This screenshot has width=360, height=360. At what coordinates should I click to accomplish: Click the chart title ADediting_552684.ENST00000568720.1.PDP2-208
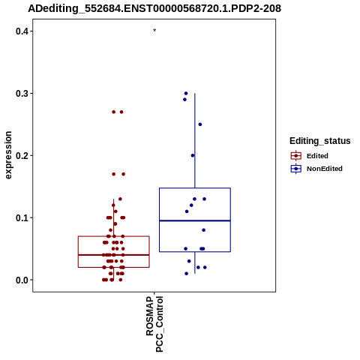[154, 9]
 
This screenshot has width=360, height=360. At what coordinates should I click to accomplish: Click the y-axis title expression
[8, 155]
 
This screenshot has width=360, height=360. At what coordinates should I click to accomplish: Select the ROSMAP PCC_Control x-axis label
[154, 324]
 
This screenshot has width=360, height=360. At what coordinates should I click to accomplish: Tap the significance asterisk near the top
[154, 31]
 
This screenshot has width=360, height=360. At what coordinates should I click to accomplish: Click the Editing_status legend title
[320, 141]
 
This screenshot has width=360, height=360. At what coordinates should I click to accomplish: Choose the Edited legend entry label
[317, 156]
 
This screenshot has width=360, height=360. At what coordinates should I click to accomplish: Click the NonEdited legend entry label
[325, 169]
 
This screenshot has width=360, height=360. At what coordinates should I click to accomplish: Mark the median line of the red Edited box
[114, 255]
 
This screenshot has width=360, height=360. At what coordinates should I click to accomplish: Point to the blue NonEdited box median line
[195, 220]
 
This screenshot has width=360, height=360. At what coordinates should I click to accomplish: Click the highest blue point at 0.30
[186, 94]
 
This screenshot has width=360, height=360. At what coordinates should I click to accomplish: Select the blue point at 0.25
[200, 124]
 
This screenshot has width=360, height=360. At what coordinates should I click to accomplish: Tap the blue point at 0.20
[193, 155]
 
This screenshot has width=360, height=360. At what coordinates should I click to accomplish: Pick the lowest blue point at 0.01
[186, 274]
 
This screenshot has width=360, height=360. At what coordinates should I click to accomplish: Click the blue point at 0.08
[204, 230]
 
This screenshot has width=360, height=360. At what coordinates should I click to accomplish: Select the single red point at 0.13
[120, 199]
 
